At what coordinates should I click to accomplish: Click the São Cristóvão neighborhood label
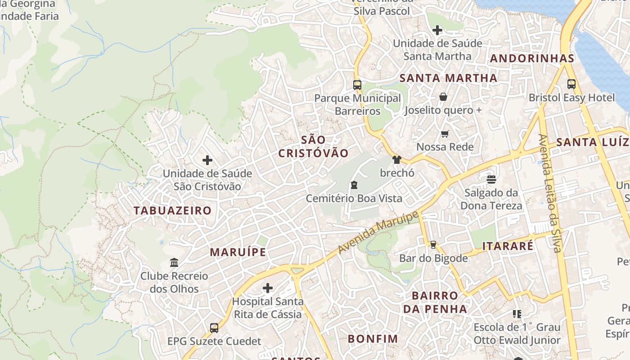click(313, 146)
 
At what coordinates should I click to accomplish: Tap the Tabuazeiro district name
click(172, 210)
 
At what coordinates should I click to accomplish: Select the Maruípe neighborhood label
click(238, 252)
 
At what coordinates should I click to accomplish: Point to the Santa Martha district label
click(448, 78)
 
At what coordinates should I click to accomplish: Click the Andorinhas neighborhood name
click(532, 58)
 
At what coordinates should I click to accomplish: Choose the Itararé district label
click(508, 246)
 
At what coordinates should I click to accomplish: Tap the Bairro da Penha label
click(435, 302)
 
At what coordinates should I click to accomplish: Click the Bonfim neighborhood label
click(373, 338)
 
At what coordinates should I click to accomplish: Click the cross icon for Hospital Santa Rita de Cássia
click(268, 288)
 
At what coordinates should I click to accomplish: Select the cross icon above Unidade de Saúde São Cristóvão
click(207, 160)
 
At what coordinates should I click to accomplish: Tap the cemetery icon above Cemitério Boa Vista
click(354, 185)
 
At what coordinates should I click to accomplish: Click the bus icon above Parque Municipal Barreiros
click(357, 85)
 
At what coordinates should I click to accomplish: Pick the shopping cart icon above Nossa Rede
click(445, 134)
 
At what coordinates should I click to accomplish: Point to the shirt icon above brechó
click(396, 160)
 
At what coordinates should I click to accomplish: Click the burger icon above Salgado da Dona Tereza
click(491, 180)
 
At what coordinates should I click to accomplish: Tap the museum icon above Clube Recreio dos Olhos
click(174, 262)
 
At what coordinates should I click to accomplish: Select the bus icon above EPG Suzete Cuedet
click(214, 328)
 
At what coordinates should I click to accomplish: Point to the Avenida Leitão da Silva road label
click(550, 193)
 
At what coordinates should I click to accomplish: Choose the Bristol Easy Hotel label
click(571, 98)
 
